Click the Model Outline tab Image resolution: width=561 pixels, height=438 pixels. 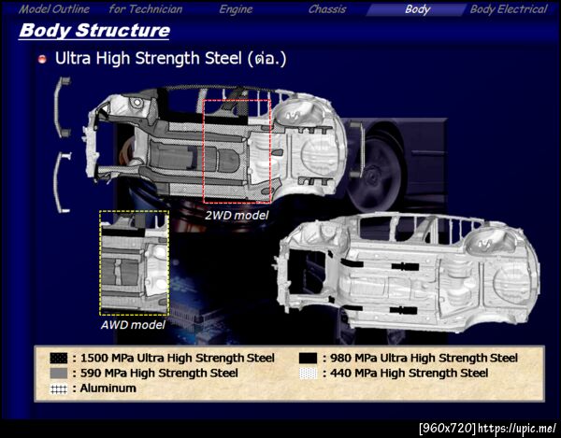coord(54,9)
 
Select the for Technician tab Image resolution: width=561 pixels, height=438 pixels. coord(146,9)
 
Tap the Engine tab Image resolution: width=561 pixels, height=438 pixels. coord(236,9)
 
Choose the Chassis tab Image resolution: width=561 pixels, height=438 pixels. coord(327,9)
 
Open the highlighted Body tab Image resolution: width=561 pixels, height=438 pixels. coord(418,9)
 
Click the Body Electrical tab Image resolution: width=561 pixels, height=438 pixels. coord(509,9)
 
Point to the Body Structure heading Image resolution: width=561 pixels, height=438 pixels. coord(94,31)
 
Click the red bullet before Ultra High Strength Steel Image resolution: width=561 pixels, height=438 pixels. coord(42,60)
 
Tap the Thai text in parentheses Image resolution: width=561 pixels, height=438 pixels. coord(266,59)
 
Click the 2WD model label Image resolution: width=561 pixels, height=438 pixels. coord(237,216)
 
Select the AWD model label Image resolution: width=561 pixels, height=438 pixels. coord(133,325)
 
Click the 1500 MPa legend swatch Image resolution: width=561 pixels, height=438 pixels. coord(59,358)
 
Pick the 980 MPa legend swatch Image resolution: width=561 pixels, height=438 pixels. coord(308,358)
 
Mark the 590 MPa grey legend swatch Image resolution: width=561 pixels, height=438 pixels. coord(59,374)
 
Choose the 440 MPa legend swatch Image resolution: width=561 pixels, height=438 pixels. coord(308,374)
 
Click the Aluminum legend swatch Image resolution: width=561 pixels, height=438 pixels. coord(59,389)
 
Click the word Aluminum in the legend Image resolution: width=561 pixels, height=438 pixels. coord(108,389)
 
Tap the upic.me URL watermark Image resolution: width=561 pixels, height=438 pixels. coord(517,428)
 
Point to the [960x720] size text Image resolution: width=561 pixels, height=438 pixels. coord(448,428)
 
